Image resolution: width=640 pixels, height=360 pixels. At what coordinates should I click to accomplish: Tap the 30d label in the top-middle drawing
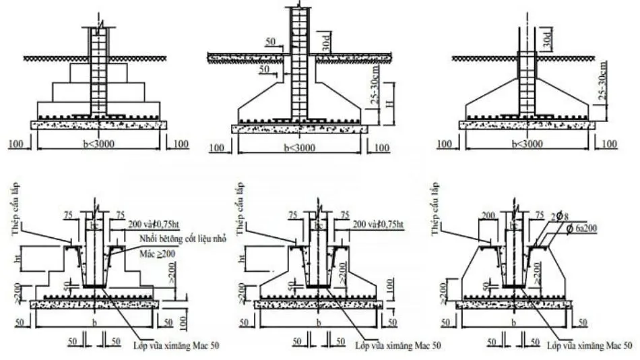pyautogui.click(x=325, y=44)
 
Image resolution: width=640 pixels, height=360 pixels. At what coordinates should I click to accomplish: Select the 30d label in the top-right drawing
pyautogui.click(x=546, y=40)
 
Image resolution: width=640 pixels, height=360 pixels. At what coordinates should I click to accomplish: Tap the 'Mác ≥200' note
pyautogui.click(x=156, y=251)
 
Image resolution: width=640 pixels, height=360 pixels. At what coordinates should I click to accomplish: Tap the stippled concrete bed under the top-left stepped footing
pyautogui.click(x=98, y=125)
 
